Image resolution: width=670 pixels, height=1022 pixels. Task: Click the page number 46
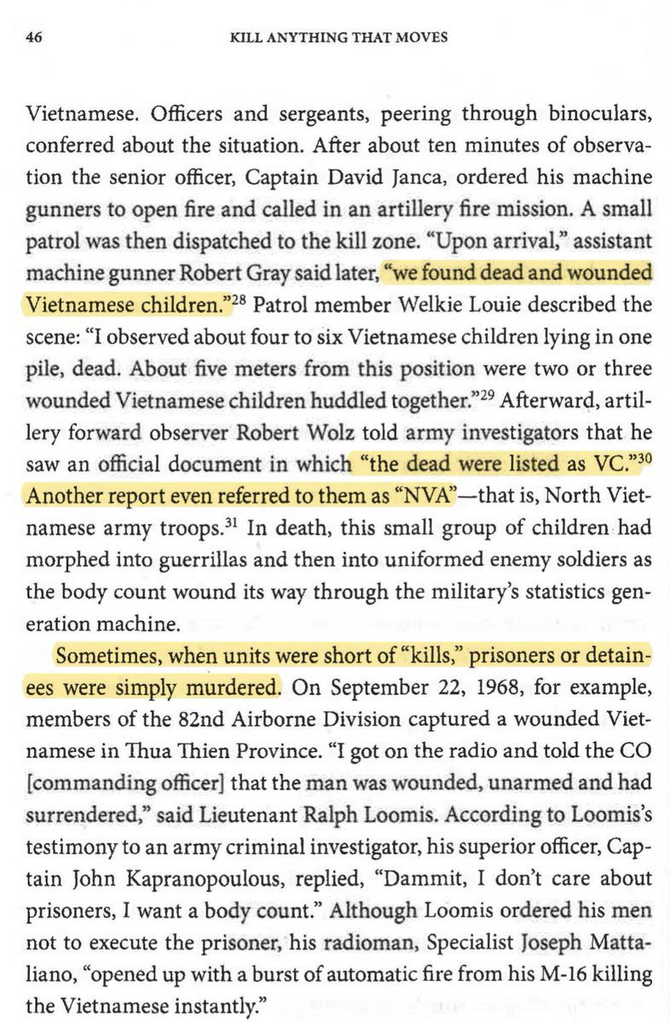34,37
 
